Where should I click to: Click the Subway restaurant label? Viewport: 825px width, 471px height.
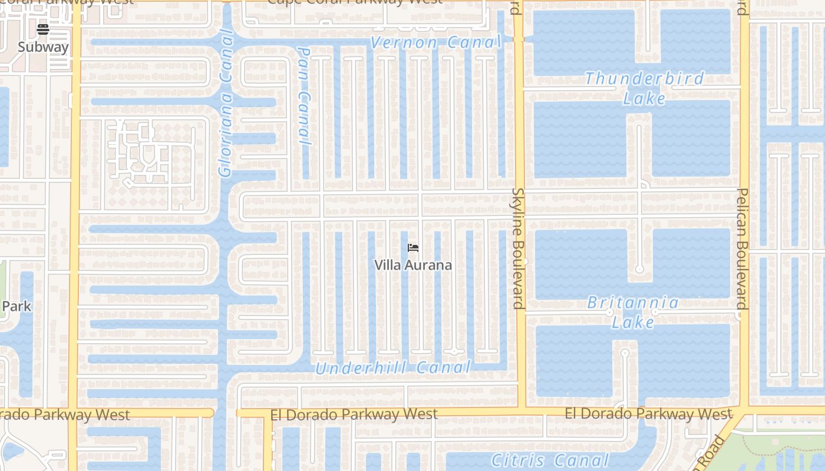coord(43,47)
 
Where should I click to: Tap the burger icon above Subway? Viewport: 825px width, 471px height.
coord(43,29)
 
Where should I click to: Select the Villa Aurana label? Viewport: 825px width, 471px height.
coord(413,265)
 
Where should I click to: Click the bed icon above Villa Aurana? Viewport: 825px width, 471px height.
coord(413,248)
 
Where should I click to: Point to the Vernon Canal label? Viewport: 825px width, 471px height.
coord(435,42)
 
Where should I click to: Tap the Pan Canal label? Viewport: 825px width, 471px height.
coord(304,97)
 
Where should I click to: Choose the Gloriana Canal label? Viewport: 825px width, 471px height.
coord(226,103)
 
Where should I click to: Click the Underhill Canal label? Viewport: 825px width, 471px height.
coord(393,369)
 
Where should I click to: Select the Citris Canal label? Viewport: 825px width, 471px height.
coord(550,460)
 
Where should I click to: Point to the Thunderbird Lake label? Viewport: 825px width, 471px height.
coord(645,88)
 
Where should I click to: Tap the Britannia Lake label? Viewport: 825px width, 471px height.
coord(633,312)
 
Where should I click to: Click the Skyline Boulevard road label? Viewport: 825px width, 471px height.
coord(518,248)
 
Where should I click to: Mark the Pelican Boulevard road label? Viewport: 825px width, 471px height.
coord(742,248)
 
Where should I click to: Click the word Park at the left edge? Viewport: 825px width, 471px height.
coord(16,307)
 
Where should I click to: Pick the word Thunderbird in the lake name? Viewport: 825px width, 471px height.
coord(645,78)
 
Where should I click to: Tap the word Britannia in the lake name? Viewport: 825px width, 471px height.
coord(633,303)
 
